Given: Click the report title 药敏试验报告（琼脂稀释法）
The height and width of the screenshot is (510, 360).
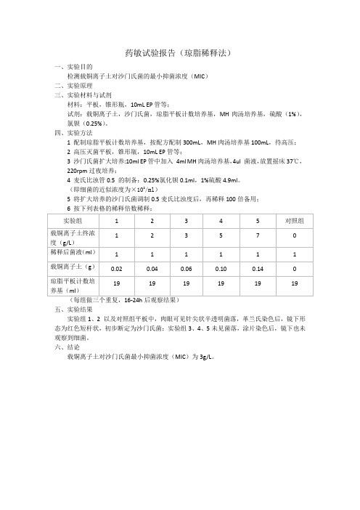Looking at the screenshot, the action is point(180,54).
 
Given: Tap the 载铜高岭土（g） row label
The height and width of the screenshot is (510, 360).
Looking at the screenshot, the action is point(71,268).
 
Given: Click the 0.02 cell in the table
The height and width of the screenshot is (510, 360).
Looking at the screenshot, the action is point(115,269).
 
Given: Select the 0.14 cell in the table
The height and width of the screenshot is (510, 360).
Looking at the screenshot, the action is point(258,269).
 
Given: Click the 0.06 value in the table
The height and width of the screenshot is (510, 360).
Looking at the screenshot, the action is point(187,269).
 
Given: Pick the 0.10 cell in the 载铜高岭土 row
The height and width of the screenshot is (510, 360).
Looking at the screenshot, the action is point(222,269).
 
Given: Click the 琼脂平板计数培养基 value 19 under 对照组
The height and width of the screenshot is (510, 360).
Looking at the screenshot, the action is point(294,286).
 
